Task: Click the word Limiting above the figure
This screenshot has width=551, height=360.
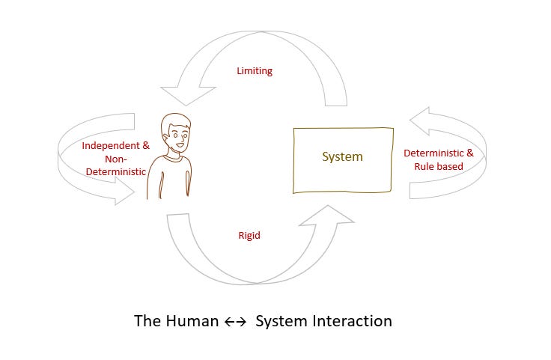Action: (x=255, y=71)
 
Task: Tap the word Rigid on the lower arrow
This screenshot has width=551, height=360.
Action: (x=249, y=235)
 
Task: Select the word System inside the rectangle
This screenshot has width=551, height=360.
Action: (x=342, y=157)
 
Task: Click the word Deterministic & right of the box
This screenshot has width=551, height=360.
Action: (x=439, y=153)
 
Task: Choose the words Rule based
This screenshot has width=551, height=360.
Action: (x=439, y=166)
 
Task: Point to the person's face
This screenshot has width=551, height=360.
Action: (x=180, y=135)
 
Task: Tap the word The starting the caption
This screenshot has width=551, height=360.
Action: (x=146, y=321)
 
